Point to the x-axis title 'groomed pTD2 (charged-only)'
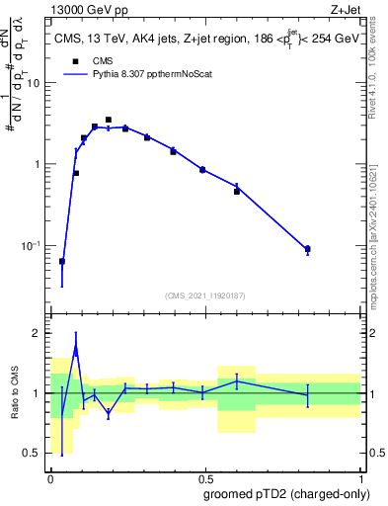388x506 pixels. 286,494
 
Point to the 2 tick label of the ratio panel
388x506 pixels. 37,334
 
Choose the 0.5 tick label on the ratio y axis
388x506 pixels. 33,453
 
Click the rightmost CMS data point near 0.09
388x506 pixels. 308,249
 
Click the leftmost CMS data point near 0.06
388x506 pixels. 62,262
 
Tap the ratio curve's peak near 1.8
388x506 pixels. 76,347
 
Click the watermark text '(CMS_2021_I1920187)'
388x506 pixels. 204,295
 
